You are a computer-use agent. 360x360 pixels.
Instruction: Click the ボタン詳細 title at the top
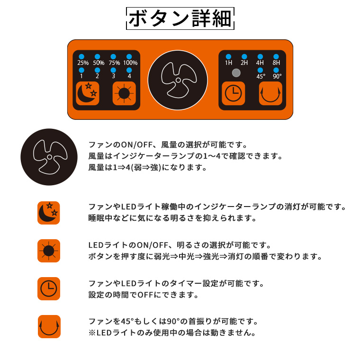click(180, 18)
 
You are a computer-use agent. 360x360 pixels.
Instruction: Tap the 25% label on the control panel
click(83, 63)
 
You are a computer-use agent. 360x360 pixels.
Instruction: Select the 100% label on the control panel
click(130, 63)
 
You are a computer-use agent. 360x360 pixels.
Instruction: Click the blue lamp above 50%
click(98, 56)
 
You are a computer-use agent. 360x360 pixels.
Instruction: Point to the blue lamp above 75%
click(113, 56)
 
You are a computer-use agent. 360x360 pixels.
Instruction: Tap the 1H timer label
click(229, 63)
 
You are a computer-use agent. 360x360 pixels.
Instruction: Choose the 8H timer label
click(276, 63)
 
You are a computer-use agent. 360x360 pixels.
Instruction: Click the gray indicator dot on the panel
click(236, 73)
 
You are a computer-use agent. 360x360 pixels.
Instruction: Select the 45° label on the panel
click(261, 76)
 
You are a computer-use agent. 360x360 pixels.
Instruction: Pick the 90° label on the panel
click(277, 76)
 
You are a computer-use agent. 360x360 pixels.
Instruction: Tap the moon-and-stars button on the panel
click(88, 93)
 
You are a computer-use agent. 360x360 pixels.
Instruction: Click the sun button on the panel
click(124, 93)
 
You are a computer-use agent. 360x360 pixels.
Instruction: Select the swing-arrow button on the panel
click(270, 93)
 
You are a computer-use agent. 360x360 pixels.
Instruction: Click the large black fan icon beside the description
click(49, 157)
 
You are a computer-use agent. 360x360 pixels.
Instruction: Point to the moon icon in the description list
click(49, 213)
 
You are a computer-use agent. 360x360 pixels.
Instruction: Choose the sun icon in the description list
click(49, 251)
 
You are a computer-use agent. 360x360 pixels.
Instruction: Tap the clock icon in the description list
click(49, 288)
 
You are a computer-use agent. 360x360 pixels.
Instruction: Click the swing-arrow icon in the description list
click(49, 326)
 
